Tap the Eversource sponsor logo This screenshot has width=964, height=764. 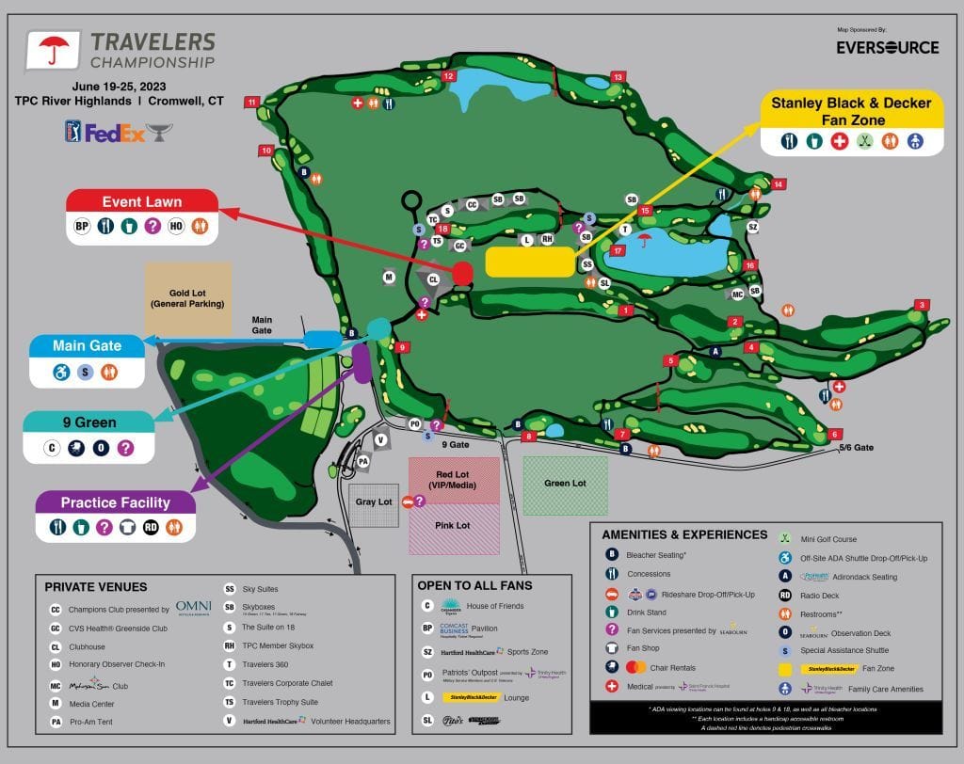(888, 47)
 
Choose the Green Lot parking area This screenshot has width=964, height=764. (565, 485)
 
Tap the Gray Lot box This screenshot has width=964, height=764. (374, 502)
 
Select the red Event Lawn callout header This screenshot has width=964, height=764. (142, 201)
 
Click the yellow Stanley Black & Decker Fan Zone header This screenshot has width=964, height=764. (851, 111)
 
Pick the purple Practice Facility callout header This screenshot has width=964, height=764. (116, 502)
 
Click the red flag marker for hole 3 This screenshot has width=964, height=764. (923, 305)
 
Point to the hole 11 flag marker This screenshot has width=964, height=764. (252, 102)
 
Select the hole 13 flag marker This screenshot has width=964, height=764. (619, 76)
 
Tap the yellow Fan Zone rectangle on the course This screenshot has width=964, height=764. (529, 263)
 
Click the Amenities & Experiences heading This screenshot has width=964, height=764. (684, 534)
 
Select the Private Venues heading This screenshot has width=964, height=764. (95, 587)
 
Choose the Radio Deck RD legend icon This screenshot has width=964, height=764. (784, 595)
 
